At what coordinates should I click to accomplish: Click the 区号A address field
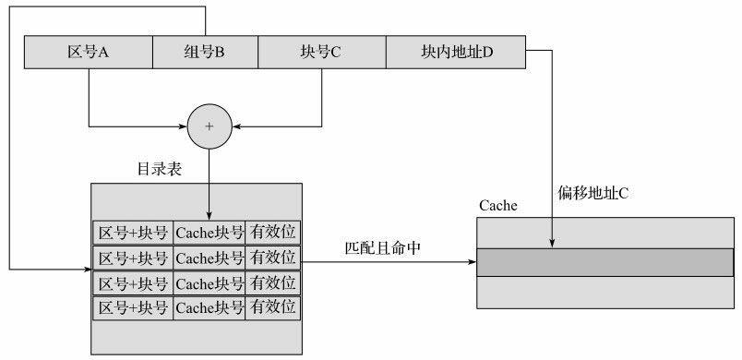(89, 53)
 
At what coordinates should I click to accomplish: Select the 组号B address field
(204, 53)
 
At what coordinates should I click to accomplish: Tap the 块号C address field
(320, 53)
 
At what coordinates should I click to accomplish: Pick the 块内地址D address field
(454, 53)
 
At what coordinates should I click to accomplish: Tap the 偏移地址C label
(592, 194)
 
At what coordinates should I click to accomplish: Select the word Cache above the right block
(497, 205)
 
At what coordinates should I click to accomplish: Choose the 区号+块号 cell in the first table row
(133, 232)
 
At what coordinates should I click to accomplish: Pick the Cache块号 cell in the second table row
(209, 257)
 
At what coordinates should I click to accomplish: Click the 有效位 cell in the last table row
(273, 306)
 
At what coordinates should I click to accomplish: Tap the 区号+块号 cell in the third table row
(133, 282)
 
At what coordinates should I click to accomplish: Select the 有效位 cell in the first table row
(273, 232)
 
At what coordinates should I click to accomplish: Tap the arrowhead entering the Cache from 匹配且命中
(472, 261)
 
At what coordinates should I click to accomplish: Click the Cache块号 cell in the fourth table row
(209, 306)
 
